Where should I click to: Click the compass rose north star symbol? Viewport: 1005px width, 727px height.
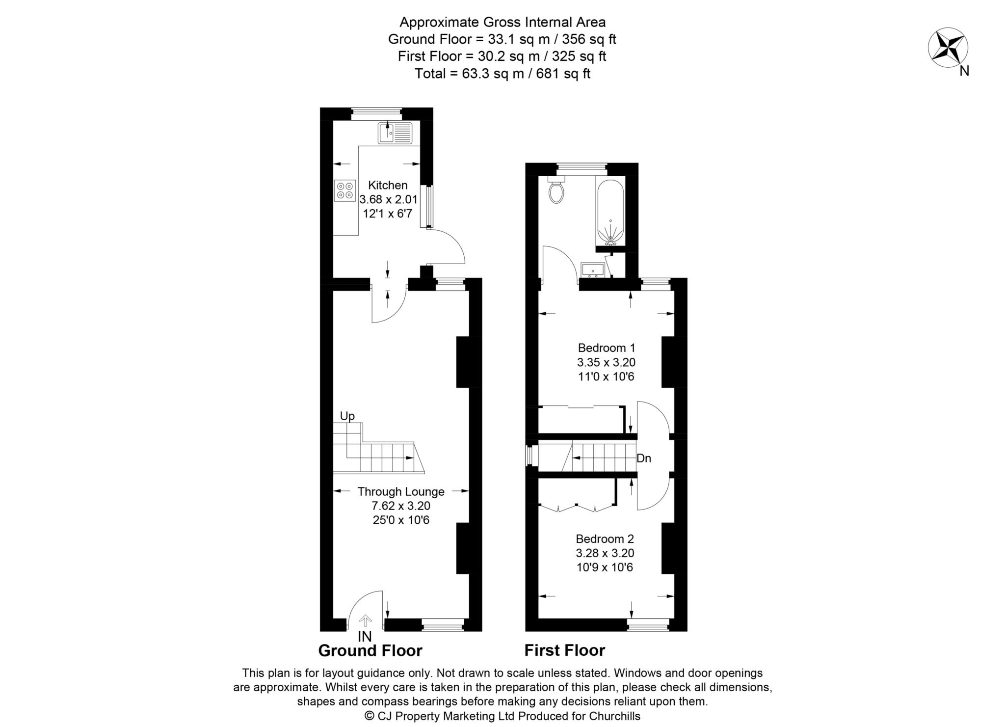pyautogui.click(x=948, y=48)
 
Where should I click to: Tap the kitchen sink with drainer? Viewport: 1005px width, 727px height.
pyautogui.click(x=396, y=133)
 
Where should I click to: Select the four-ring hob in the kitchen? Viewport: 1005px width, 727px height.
pyautogui.click(x=344, y=191)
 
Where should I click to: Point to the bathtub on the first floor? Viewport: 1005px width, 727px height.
pyautogui.click(x=610, y=210)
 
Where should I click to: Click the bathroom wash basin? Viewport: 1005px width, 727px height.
pyautogui.click(x=592, y=269)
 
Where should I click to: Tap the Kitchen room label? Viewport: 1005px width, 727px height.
pyautogui.click(x=388, y=185)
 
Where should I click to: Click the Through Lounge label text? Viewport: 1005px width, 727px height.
pyautogui.click(x=401, y=491)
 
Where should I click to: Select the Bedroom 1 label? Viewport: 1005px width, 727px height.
pyautogui.click(x=607, y=348)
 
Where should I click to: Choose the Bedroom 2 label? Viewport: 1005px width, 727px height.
pyautogui.click(x=605, y=539)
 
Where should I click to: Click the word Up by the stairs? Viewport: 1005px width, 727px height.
pyautogui.click(x=347, y=416)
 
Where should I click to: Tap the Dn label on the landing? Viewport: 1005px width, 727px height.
pyautogui.click(x=644, y=458)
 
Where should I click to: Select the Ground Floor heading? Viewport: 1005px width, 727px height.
pyautogui.click(x=370, y=650)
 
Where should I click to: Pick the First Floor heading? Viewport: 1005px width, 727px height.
pyautogui.click(x=565, y=650)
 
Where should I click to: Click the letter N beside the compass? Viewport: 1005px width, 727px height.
pyautogui.click(x=964, y=71)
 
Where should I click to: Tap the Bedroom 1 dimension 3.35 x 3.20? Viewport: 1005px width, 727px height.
pyautogui.click(x=606, y=363)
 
